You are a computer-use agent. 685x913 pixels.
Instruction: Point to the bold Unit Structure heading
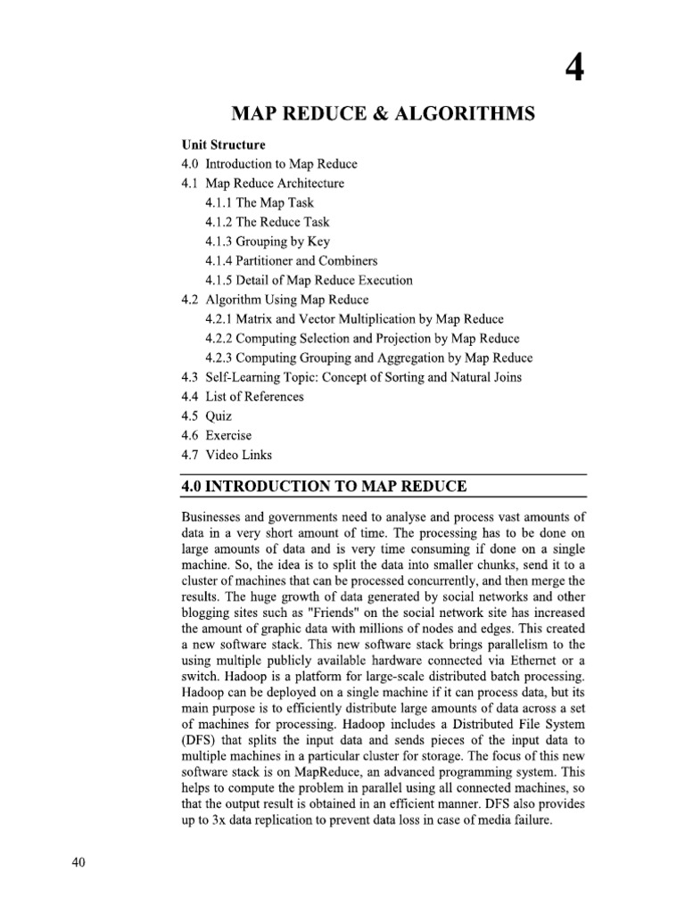(223, 144)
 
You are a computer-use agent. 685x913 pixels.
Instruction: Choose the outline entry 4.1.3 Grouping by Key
(267, 242)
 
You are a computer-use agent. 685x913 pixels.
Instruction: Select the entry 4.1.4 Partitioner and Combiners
(292, 261)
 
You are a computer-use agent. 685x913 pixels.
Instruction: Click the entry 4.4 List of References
(243, 397)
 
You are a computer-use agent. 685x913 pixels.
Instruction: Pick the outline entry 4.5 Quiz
(206, 416)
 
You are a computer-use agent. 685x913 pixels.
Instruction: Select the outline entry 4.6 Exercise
(216, 435)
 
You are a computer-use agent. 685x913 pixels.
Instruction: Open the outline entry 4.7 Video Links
(227, 455)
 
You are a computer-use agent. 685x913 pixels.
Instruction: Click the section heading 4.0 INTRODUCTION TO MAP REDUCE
(324, 486)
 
